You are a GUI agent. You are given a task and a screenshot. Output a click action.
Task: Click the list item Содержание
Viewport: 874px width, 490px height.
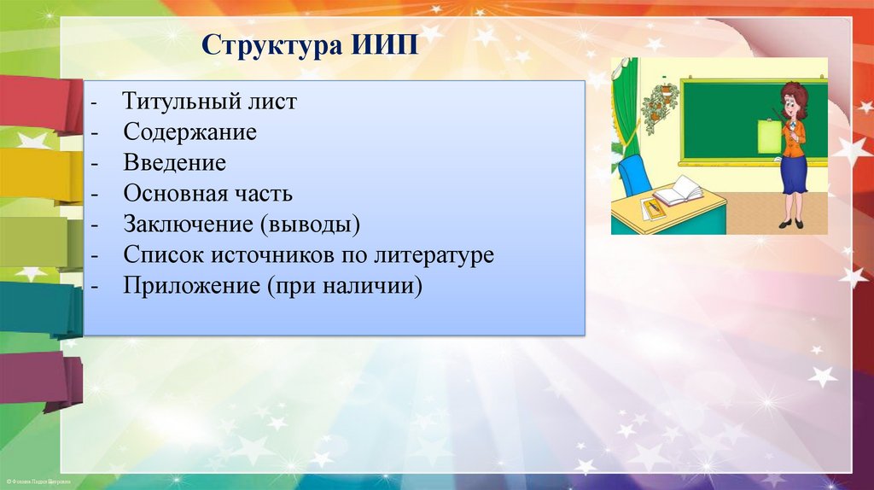click(189, 132)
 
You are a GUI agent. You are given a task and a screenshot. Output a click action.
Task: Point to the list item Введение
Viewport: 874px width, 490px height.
click(174, 163)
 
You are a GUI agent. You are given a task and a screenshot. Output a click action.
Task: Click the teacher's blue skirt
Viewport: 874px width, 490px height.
click(794, 175)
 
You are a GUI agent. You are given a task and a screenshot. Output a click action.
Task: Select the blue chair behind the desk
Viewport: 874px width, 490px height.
click(634, 174)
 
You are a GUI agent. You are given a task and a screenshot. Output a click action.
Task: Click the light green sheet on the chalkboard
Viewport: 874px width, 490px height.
click(769, 136)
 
